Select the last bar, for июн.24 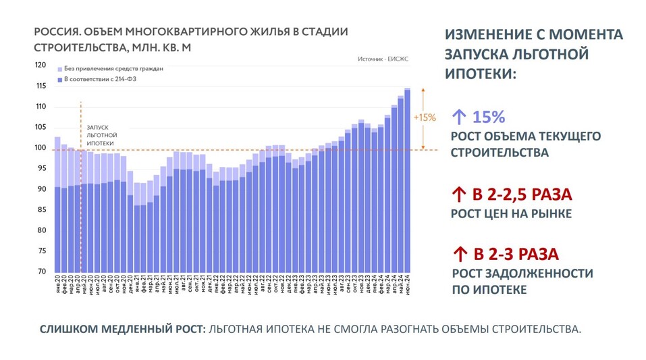pyautogui.click(x=407, y=182)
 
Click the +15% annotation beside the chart pyautogui.click(x=424, y=118)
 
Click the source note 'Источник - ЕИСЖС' pyautogui.click(x=383, y=59)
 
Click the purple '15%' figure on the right pyautogui.click(x=489, y=117)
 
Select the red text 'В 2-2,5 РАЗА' pyautogui.click(x=522, y=195)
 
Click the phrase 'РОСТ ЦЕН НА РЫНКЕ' pyautogui.click(x=511, y=214)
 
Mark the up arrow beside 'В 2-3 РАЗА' pyautogui.click(x=459, y=255)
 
